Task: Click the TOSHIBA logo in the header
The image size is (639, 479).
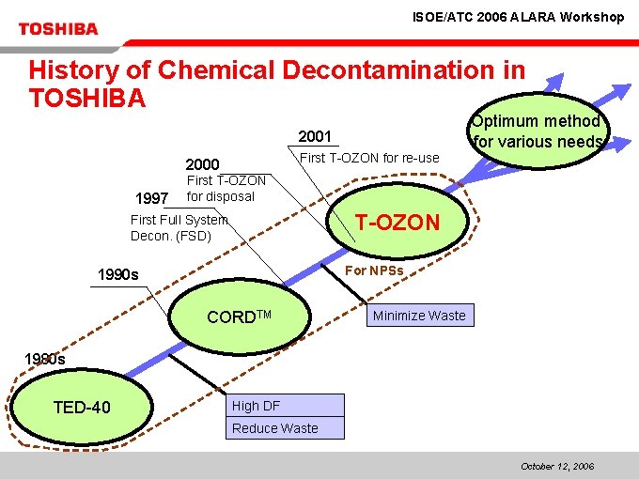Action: (x=57, y=28)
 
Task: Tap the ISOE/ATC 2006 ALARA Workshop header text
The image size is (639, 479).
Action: (x=518, y=17)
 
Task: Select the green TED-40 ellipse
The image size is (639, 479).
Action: (x=82, y=407)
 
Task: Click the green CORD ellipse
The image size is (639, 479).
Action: (x=239, y=317)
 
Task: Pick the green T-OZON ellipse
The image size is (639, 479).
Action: (x=397, y=222)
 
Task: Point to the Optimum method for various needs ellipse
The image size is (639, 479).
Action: (x=537, y=131)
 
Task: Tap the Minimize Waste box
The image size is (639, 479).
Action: (x=419, y=316)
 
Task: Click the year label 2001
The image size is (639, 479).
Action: (x=315, y=137)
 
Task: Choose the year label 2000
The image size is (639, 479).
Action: (x=202, y=164)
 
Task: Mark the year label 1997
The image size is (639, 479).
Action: (x=151, y=198)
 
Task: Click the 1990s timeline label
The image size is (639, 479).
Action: (x=118, y=275)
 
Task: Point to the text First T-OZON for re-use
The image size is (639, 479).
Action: (x=368, y=157)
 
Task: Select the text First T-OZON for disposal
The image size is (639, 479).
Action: (x=226, y=188)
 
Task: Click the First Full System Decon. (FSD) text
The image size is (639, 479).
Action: (x=179, y=227)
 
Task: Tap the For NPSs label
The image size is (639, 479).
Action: (x=375, y=270)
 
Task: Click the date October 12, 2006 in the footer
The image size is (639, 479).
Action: (x=556, y=466)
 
